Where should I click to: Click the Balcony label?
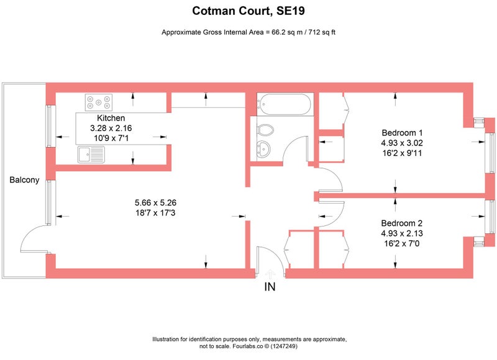pos(24,180)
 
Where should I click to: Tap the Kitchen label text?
pos(111,118)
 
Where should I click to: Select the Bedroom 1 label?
pos(402,133)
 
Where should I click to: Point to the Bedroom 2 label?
pos(401,223)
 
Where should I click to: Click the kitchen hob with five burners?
pos(99,102)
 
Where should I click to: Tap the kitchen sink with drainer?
pos(91,155)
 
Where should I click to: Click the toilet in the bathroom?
pos(266,130)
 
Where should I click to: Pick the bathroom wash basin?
pos(263,148)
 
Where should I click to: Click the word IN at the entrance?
pos(270,287)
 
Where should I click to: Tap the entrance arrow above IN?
pos(270,274)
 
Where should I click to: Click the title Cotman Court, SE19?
pos(248,11)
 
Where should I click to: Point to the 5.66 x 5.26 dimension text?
pos(155,202)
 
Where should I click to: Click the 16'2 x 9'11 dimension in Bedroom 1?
pos(402,153)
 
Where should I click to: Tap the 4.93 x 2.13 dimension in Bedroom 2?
pos(401,233)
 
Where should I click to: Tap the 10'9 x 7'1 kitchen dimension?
pos(111,138)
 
